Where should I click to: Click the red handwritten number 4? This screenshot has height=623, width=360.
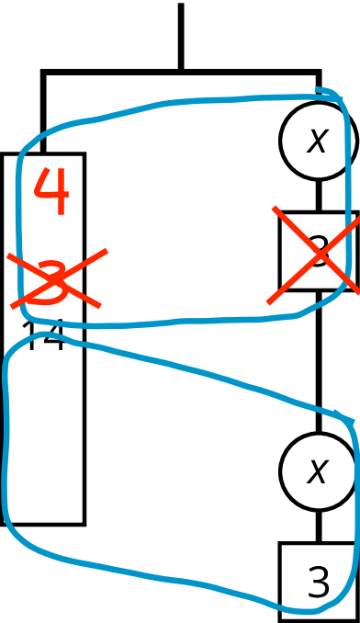51,192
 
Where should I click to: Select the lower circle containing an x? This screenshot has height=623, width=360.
318,471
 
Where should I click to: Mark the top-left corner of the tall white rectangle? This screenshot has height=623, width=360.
5,156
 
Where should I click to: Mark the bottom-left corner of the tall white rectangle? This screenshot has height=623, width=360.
5,521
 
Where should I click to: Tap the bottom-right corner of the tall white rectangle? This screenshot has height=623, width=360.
82,521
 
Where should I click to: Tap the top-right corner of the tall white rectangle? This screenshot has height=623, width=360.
82,156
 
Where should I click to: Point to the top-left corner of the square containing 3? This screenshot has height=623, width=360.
282,545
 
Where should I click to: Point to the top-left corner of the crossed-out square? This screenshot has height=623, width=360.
282,215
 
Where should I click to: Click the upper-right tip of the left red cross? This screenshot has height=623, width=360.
107,249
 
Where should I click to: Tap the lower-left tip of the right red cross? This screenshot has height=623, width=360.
268,301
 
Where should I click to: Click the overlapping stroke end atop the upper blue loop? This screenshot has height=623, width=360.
317,90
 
